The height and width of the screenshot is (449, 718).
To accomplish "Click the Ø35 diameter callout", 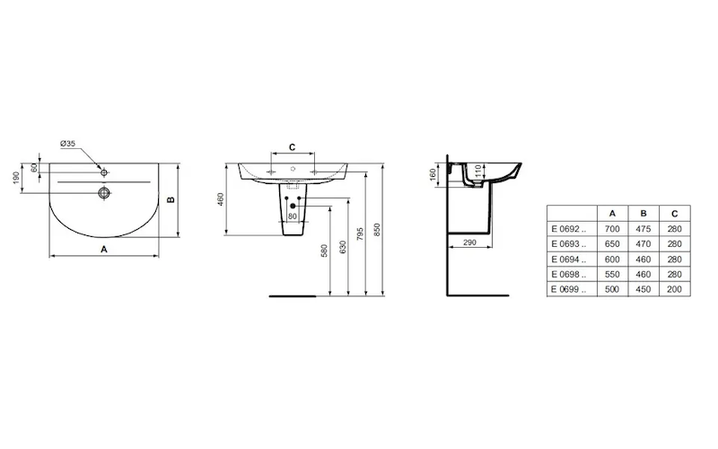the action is (x=68, y=144).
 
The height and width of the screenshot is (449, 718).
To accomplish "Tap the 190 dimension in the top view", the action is (x=16, y=178).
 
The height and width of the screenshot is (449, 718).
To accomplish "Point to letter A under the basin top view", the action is (x=104, y=250).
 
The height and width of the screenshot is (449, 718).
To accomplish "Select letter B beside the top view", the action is (x=171, y=199).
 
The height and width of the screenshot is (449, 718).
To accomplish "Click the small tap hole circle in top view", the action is (x=104, y=172).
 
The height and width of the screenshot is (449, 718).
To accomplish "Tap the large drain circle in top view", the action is (x=104, y=193).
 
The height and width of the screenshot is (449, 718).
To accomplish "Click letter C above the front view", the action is (x=293, y=147).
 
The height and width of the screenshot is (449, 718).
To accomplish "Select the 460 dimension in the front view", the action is (x=220, y=199).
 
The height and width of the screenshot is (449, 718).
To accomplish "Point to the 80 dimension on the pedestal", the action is (x=293, y=216).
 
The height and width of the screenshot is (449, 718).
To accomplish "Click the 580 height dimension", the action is (x=324, y=251).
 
